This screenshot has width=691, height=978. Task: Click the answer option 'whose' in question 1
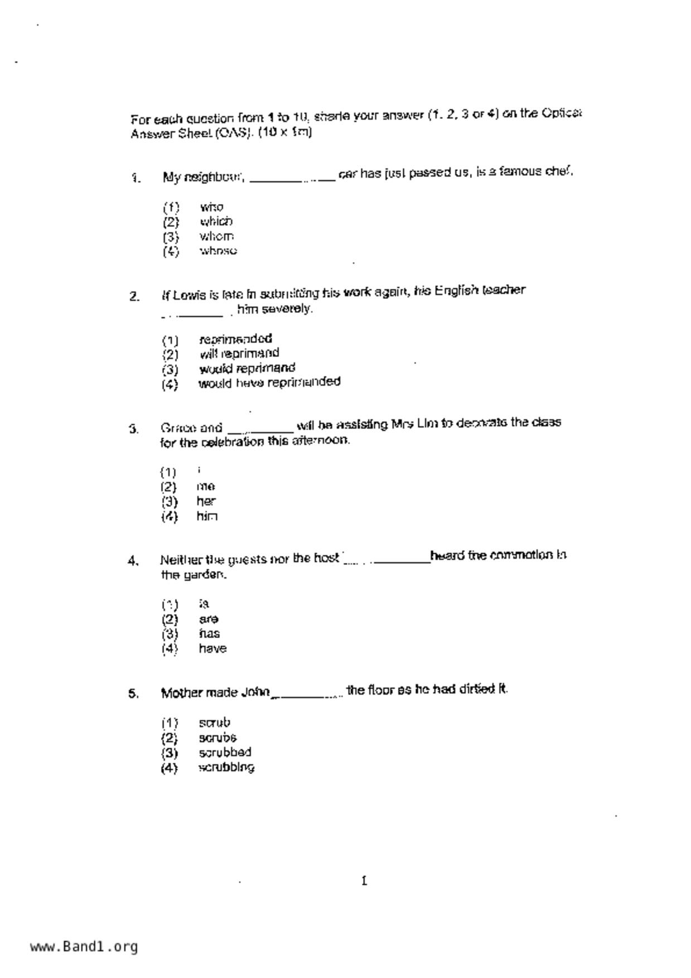pos(218,251)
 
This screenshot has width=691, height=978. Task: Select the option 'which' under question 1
pos(216,221)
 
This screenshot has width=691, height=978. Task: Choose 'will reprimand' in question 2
pos(239,354)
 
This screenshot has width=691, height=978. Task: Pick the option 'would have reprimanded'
pos(269,383)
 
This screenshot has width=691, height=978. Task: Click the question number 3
pos(133,429)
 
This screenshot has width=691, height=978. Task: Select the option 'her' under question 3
pos(206,501)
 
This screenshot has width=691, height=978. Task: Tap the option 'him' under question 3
pos(206,516)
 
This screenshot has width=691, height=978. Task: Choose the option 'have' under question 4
pos(212,648)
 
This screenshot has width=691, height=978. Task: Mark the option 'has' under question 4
pos(209,634)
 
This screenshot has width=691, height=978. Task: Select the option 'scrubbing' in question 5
pos(226,767)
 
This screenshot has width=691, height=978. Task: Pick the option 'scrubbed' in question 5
pos(225,752)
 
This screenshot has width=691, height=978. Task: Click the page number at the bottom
pos(364,881)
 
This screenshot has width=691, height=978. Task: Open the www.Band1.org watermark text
pos(84,947)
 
